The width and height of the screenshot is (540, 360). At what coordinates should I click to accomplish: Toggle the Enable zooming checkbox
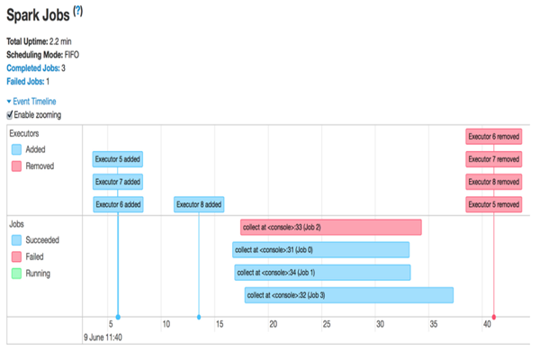click(x=10, y=114)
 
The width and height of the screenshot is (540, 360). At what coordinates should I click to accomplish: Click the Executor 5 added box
click(x=118, y=159)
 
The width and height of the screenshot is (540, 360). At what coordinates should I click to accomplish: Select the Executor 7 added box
click(x=118, y=182)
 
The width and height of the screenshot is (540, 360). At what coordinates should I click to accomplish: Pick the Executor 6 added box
click(x=118, y=204)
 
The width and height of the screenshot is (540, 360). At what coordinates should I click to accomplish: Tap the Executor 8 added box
click(x=199, y=204)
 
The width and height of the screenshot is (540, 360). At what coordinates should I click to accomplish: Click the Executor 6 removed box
click(x=493, y=137)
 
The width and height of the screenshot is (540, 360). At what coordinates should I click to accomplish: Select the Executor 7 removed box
click(x=493, y=159)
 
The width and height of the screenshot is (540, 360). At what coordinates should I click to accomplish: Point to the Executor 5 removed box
click(x=493, y=204)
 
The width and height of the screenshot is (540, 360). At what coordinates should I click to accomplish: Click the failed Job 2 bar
click(x=330, y=227)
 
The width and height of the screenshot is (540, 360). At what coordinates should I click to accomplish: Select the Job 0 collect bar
click(x=320, y=249)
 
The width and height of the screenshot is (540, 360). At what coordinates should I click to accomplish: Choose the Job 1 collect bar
click(x=322, y=272)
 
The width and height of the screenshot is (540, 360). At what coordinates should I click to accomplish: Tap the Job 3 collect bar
click(x=348, y=294)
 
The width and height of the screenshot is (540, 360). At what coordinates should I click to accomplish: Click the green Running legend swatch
click(x=16, y=273)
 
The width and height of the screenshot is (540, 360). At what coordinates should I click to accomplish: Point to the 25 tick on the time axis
click(x=326, y=323)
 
